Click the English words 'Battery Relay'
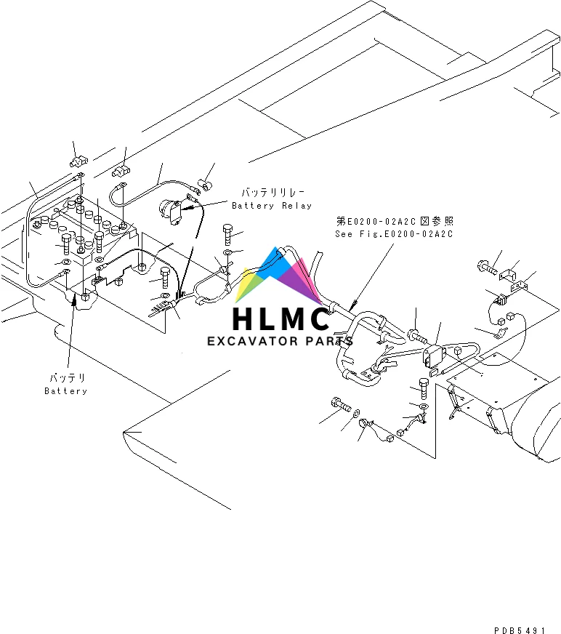[x=271, y=206]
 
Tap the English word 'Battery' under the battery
[x=65, y=391]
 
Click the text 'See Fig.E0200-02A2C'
[x=393, y=234]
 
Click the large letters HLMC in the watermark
[x=280, y=319]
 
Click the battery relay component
[x=171, y=212]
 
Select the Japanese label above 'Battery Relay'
[x=267, y=193]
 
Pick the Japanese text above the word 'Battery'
[x=67, y=378]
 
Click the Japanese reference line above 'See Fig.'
[x=395, y=221]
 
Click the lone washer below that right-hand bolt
[x=228, y=252]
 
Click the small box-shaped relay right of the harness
[x=433, y=356]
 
